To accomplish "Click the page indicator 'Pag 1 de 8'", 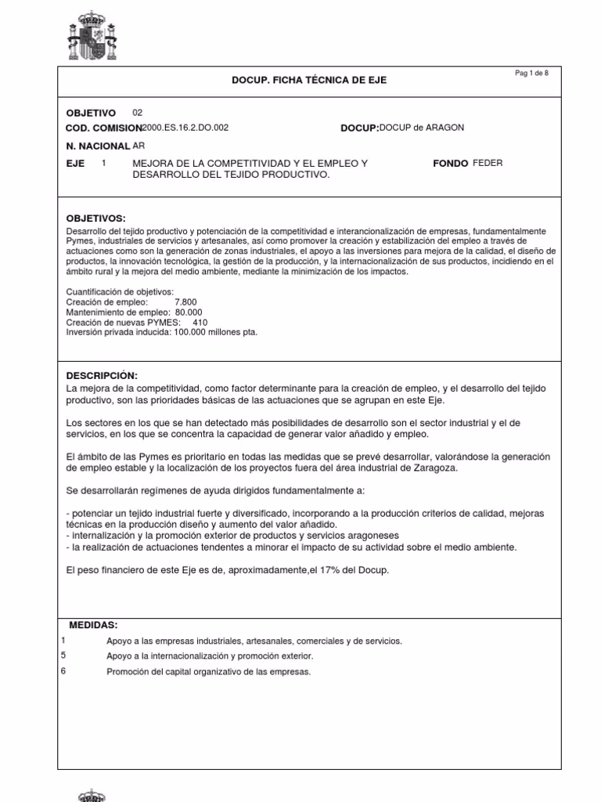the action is (531, 73).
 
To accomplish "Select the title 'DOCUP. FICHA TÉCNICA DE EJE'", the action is (309, 81).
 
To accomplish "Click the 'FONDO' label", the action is (450, 163).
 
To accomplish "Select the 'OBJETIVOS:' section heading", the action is (96, 218).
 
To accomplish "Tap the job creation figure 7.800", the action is (185, 302).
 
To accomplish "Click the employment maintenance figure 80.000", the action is (193, 312).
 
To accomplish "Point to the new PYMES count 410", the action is (200, 322).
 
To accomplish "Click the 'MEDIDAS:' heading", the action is (93, 625).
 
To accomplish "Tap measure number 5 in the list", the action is (63, 656).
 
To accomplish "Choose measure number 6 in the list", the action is (63, 671).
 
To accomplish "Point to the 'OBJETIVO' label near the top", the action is (91, 113).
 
